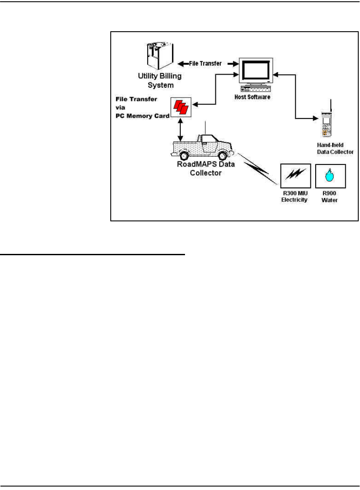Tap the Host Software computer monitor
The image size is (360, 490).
(256, 70)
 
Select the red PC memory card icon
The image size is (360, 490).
(180, 106)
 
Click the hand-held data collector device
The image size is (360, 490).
(330, 126)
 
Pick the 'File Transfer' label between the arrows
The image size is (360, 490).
(206, 63)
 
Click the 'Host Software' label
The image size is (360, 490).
(256, 97)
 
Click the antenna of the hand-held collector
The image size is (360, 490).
(331, 105)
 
